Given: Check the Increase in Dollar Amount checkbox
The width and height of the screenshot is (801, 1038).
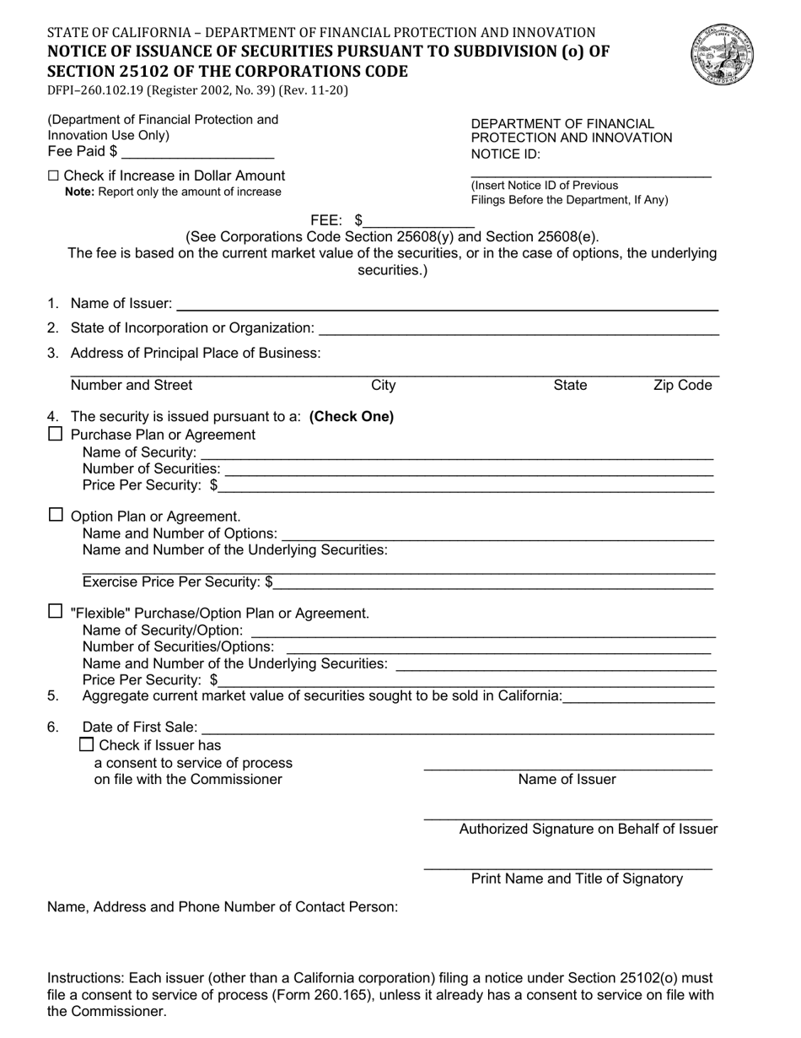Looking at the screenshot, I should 54,176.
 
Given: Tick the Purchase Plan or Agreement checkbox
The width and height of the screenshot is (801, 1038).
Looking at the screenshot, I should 56,435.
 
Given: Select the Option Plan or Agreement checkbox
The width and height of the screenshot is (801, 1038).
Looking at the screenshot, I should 56,515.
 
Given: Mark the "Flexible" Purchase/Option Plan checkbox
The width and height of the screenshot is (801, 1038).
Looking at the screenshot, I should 56,612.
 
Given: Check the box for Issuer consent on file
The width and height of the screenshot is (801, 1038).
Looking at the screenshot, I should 86,745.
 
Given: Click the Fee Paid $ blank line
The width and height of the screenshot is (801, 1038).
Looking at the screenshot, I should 198,152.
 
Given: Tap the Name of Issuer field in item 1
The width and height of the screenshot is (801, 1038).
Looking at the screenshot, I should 447,304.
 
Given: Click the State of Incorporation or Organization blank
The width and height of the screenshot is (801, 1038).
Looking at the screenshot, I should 519,328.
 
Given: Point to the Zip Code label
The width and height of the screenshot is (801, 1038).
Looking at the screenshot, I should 683,386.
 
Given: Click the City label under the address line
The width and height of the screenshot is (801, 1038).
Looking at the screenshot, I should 384,386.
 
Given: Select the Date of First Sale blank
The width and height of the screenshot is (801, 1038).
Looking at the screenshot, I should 458,727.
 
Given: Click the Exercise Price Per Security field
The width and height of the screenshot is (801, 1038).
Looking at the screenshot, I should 494,582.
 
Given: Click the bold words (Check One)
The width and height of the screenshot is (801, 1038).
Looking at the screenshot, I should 352,417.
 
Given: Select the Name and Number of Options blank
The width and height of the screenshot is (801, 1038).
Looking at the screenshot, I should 497,534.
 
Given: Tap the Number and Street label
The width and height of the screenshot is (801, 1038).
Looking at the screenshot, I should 132,386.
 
